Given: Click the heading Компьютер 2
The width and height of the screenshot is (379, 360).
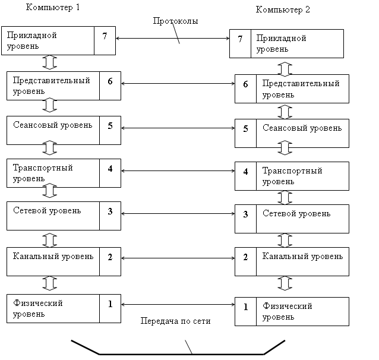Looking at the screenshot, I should coord(283,10).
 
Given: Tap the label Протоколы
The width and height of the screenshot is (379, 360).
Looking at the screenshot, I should coord(175,21).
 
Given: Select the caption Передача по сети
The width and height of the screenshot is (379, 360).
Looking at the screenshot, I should coord(175,321).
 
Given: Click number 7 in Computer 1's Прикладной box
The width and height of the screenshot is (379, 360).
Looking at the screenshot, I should coord(105,36).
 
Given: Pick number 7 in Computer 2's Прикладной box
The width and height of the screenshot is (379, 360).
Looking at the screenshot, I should coord(240,39).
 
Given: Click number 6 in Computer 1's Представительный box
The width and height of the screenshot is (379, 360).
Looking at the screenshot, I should coord(110,81).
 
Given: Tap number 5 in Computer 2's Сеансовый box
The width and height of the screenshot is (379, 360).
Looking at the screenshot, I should coord(245,128).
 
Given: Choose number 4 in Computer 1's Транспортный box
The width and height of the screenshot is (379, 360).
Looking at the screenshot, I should coord(110,168).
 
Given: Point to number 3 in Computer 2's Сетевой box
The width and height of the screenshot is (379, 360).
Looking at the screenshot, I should coord(245,214).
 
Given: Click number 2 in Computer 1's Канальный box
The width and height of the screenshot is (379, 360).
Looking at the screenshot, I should coord(110,257).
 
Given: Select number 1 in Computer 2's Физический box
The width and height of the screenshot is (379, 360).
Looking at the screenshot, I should coord(245,307).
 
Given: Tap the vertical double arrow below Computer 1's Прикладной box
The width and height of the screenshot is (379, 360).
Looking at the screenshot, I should coord(50,62).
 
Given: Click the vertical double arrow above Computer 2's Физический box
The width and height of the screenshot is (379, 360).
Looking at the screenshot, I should coord(285,283).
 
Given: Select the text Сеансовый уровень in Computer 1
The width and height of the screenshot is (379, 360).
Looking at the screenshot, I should coord(53,125).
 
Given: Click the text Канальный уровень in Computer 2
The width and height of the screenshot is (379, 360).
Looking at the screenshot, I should coord(302,257).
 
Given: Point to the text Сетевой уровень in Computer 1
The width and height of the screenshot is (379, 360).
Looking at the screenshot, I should coord(47,210).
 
